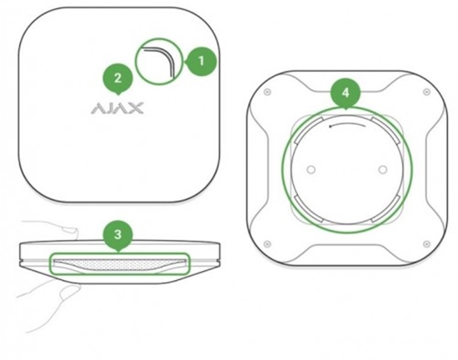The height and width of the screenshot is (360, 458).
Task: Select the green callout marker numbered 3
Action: click(118, 230)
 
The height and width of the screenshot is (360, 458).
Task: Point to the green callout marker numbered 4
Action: click(345, 89)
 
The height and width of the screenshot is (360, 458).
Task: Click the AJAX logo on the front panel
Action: click(117, 107)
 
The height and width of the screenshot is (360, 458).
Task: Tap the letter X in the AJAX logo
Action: click(137, 107)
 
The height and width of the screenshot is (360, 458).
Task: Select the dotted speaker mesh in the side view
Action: click(119, 264)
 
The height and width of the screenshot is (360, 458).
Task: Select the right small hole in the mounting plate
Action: click(381, 169)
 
